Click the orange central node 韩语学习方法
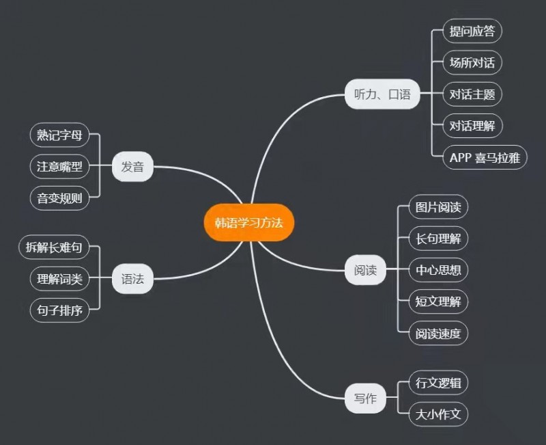tap(248, 222)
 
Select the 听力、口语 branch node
tap(382, 94)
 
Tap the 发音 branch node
tap(132, 167)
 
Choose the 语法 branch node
tap(132, 279)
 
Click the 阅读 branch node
tap(365, 270)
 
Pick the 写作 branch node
tap(365, 399)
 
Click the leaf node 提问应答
tap(472, 31)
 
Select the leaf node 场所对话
tap(472, 63)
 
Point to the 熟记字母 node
tap(60, 135)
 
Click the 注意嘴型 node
tap(60, 167)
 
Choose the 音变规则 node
tap(60, 198)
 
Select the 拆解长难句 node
tap(54, 247)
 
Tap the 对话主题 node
tap(472, 94)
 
